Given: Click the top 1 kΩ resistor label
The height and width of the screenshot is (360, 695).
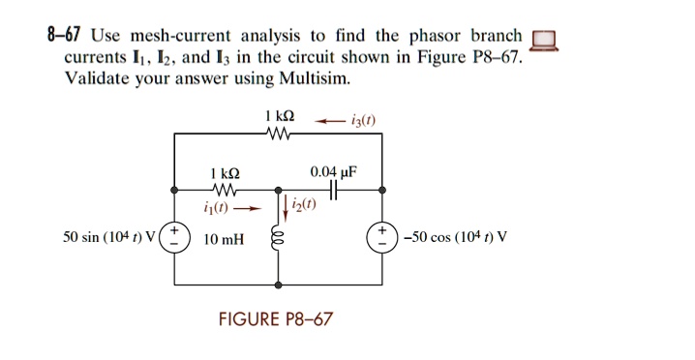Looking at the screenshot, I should coord(278,116).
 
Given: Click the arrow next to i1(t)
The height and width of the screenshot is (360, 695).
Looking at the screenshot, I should coord(250,207).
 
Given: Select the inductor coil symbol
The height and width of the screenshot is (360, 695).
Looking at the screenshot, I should coord(279,238).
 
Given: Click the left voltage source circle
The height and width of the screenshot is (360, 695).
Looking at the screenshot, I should coord(173,238).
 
